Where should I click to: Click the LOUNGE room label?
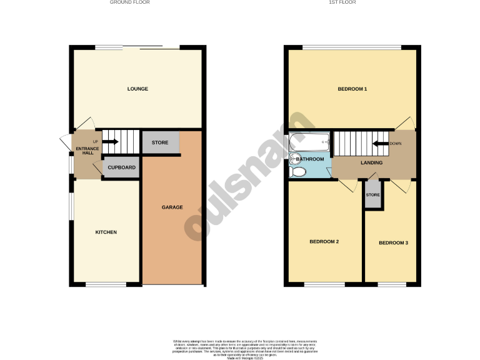[137, 89]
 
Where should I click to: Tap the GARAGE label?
[172, 207]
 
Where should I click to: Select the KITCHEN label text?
[106, 232]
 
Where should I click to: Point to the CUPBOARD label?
[122, 167]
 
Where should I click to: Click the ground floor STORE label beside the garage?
[160, 143]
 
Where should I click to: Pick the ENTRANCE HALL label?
[87, 151]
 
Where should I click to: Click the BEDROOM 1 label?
[352, 89]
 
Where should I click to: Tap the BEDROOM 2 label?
[324, 241]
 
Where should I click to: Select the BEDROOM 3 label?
[393, 242]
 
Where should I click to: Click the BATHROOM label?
[311, 159]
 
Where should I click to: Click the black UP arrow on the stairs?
[111, 142]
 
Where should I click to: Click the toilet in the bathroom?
[298, 171]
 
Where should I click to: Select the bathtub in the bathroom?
[310, 142]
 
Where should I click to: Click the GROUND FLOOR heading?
[129, 2]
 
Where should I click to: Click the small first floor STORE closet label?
[372, 195]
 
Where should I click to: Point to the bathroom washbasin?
[294, 157]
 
